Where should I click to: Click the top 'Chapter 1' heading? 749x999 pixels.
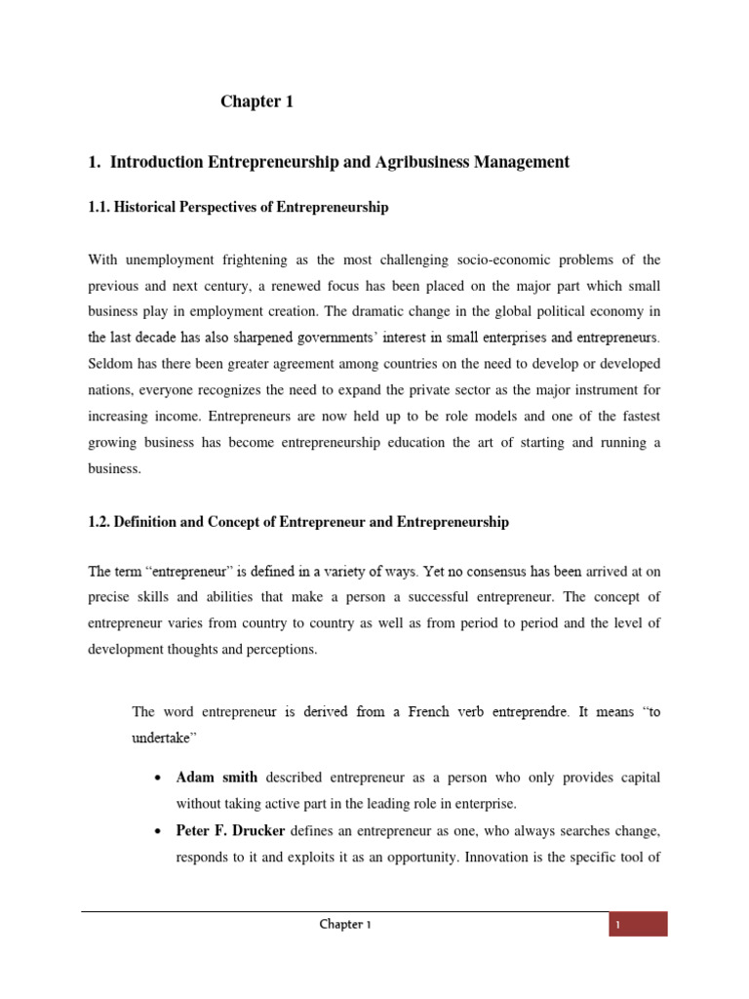(x=256, y=101)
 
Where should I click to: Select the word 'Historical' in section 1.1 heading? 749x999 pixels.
(x=146, y=208)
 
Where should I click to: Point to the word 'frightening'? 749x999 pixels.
(x=257, y=260)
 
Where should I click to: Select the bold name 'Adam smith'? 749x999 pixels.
(x=217, y=778)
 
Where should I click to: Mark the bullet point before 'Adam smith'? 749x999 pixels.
(x=157, y=779)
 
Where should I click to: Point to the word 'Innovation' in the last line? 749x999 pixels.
(x=498, y=859)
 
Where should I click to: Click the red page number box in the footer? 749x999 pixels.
(x=638, y=924)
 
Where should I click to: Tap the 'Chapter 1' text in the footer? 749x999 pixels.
(x=344, y=925)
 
